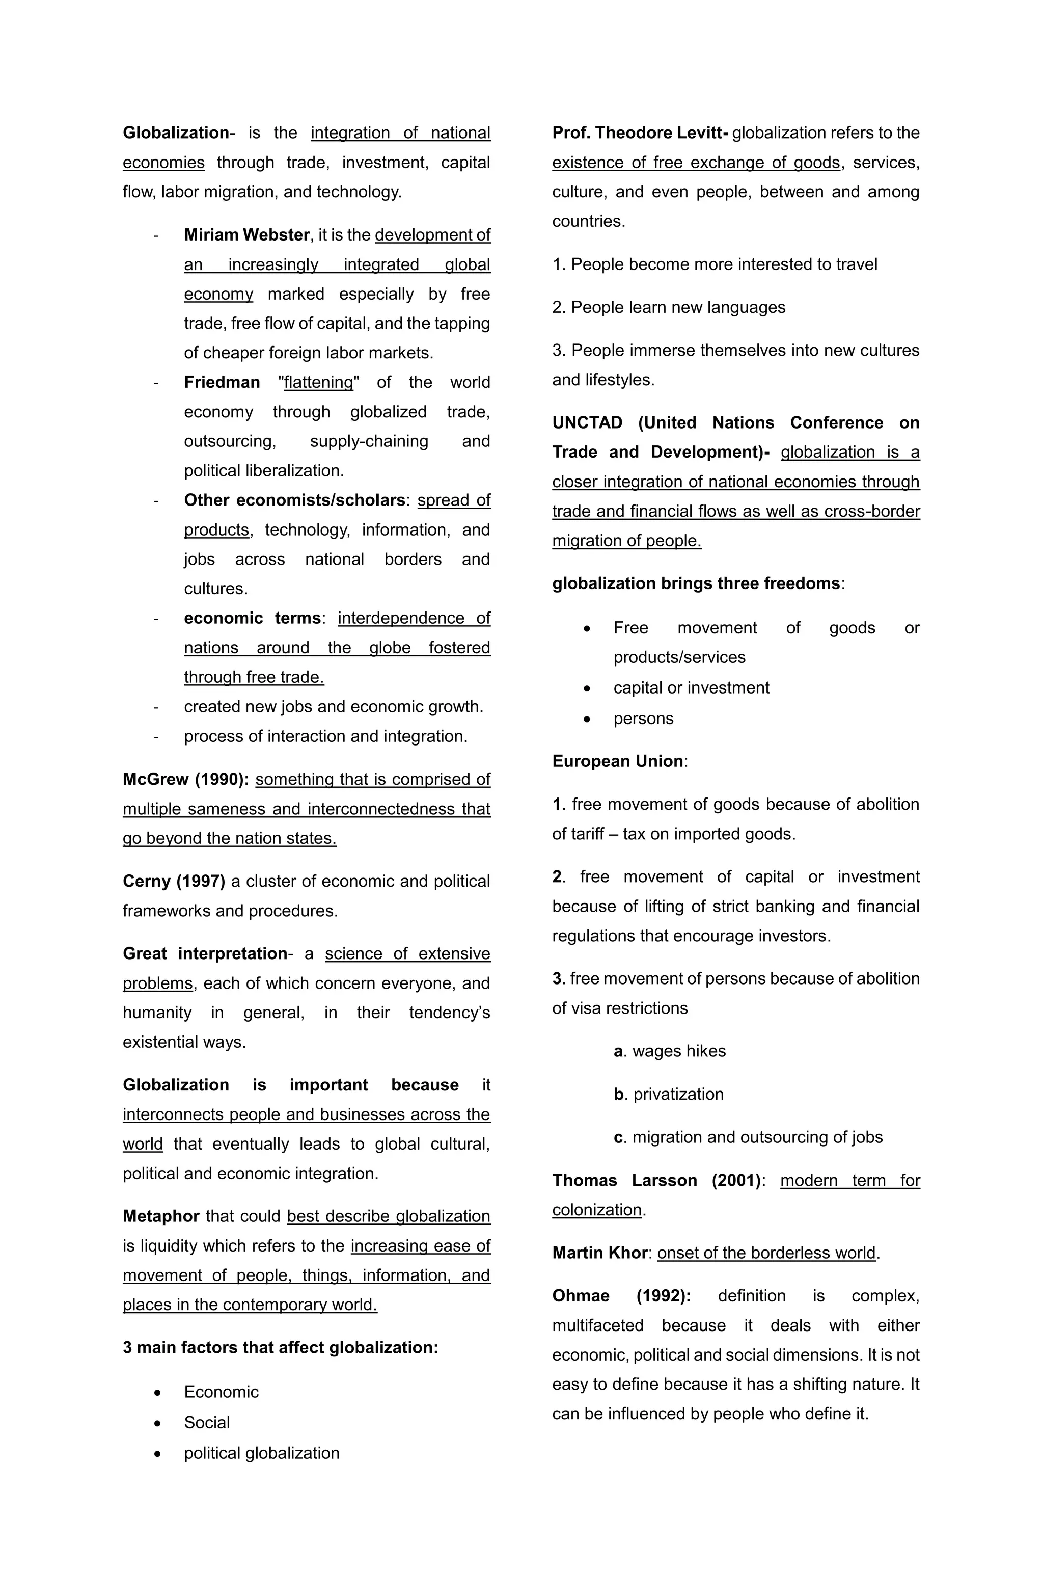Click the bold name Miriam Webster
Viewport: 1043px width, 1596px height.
pos(246,235)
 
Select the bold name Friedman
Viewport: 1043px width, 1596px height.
pos(222,382)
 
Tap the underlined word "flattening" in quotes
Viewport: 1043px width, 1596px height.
pos(318,382)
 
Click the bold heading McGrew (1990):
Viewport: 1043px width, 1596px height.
pos(186,779)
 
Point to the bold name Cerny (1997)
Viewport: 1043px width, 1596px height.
pos(174,881)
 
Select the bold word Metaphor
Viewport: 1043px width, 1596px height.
pos(161,1216)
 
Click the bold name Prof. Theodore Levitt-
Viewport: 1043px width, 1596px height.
pos(640,133)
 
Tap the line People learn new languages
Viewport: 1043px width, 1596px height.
pos(668,307)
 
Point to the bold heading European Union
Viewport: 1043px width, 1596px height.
pos(617,761)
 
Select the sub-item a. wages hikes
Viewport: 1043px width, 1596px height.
pos(669,1051)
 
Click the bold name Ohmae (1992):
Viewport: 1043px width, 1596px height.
pos(621,1295)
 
